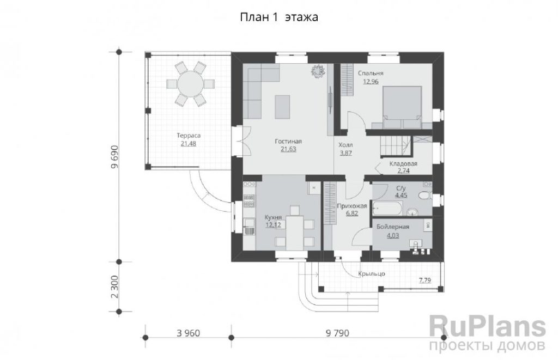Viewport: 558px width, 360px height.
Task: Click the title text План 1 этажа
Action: (279, 17)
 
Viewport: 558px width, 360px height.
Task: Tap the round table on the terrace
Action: (190, 84)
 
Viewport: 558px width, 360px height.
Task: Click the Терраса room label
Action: (189, 136)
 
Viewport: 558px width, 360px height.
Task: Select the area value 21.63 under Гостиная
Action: (288, 149)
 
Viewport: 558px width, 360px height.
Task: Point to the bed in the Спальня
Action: (402, 107)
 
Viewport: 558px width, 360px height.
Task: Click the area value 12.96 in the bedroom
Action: (371, 82)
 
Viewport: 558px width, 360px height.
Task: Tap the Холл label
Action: (345, 145)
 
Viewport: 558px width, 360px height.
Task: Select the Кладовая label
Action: (403, 164)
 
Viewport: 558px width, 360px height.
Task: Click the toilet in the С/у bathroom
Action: (424, 196)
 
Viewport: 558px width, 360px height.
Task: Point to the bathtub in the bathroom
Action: (387, 209)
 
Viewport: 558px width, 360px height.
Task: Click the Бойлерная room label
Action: (392, 227)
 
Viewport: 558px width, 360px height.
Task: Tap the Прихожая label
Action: (351, 206)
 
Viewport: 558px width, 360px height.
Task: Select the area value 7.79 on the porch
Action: (425, 280)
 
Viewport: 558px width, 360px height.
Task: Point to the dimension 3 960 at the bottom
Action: (188, 333)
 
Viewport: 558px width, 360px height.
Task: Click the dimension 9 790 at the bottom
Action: (337, 333)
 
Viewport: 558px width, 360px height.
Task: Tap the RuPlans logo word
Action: (487, 327)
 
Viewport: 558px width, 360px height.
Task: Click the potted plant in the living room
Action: (318, 70)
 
